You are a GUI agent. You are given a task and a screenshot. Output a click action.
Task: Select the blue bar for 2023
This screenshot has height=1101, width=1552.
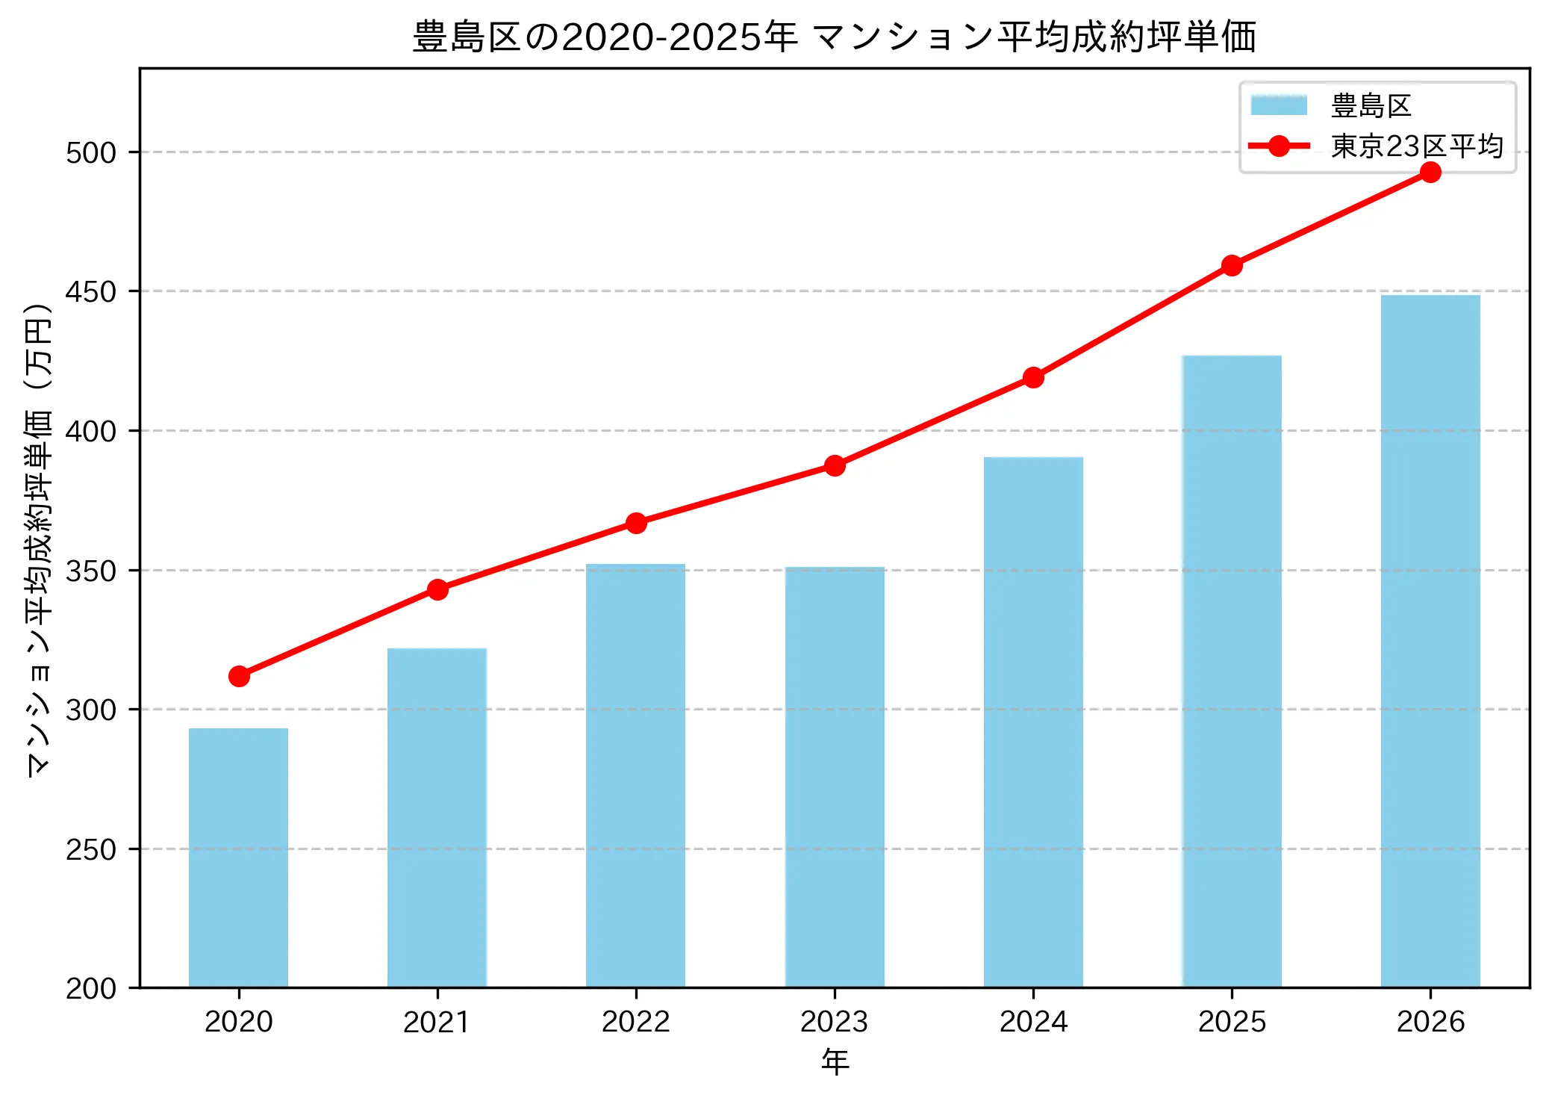point(835,777)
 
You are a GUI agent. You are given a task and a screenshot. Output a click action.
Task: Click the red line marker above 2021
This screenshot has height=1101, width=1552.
point(437,589)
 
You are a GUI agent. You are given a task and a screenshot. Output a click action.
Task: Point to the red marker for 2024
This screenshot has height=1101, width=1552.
point(1033,377)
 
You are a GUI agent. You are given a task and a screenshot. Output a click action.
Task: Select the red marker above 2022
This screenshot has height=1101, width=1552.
point(636,523)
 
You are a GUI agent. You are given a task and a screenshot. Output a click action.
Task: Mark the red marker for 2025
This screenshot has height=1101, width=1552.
point(1232,265)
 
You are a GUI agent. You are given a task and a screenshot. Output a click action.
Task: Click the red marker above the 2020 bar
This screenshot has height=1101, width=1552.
point(239,676)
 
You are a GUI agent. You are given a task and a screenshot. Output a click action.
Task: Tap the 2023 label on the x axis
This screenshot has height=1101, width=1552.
point(834,1022)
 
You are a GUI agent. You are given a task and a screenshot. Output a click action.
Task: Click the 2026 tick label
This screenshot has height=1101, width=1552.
point(1430,1022)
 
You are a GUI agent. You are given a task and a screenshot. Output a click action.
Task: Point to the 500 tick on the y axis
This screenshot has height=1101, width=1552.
point(91,152)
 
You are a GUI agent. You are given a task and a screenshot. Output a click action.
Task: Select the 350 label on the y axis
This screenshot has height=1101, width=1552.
point(91,571)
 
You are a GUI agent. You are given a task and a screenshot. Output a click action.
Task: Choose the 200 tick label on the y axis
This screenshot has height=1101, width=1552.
point(91,988)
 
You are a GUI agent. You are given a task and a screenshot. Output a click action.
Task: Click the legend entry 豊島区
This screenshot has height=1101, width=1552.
point(1371,105)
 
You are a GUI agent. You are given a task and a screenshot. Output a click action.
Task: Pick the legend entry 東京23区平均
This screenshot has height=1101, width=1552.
point(1416,146)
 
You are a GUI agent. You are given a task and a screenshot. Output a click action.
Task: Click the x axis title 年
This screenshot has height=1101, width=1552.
point(835,1061)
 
